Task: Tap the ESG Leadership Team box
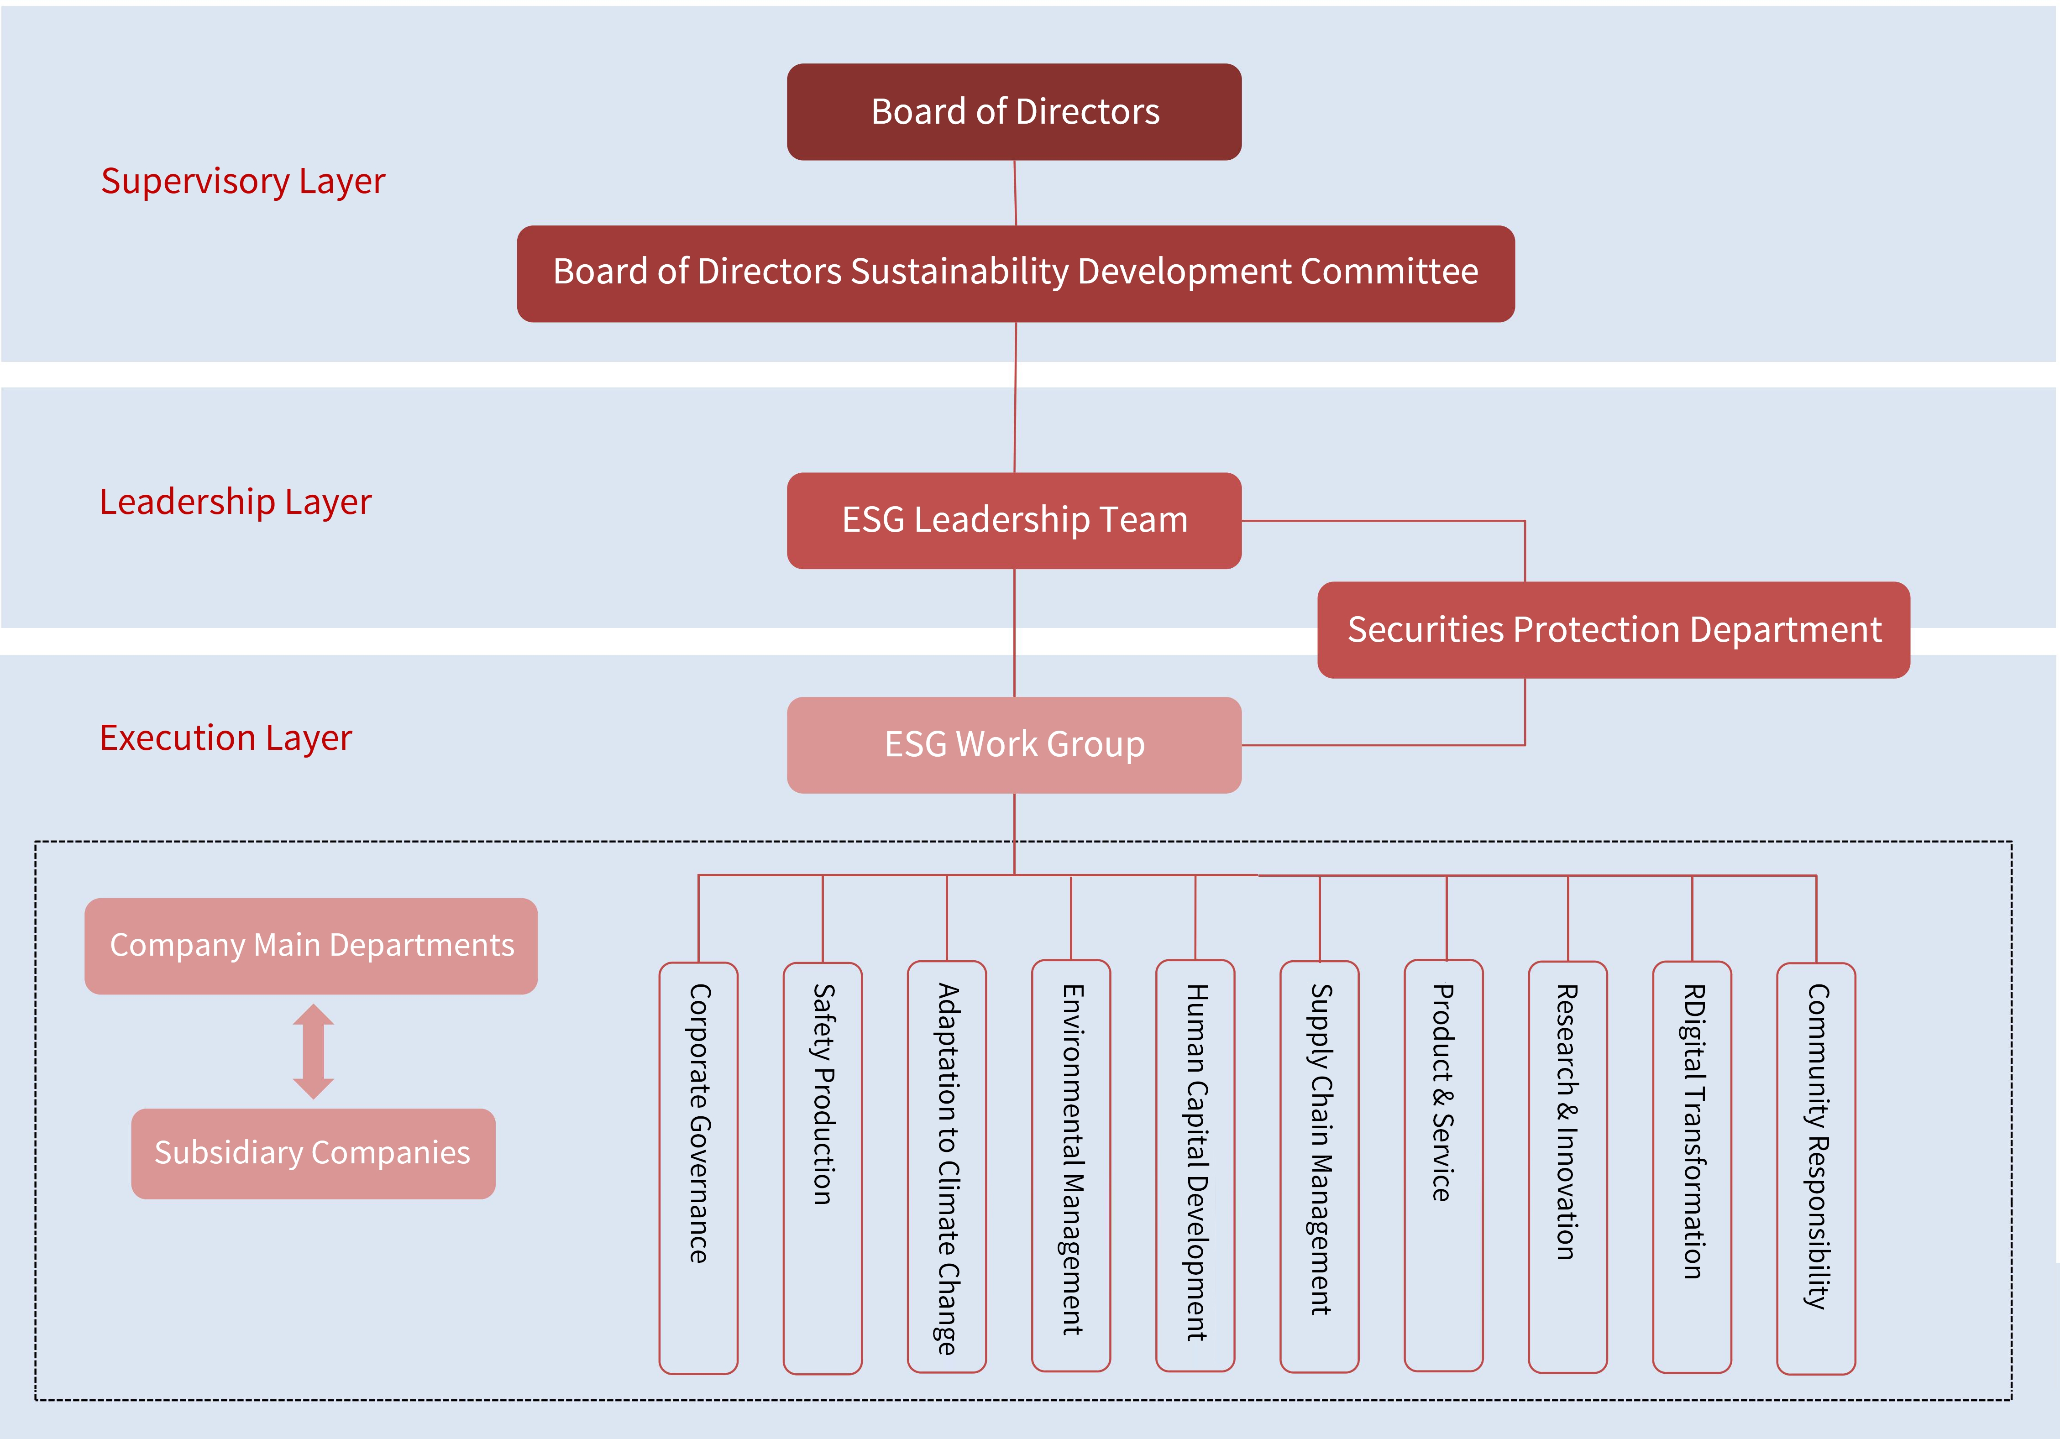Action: (1014, 520)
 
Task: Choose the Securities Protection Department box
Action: (1613, 630)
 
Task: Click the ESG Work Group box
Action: (1014, 745)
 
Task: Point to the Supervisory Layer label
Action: (242, 181)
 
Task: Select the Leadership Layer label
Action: (235, 502)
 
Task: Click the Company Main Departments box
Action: (311, 946)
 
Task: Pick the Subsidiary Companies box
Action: (313, 1153)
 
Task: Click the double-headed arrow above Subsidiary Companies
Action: (313, 1052)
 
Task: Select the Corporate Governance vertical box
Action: (698, 1166)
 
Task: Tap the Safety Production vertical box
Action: (823, 1166)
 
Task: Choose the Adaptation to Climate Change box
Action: (947, 1166)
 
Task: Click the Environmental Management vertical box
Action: (1071, 1166)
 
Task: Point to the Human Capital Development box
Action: (1195, 1166)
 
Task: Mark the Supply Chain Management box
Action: (1319, 1166)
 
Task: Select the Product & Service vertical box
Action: (1443, 1166)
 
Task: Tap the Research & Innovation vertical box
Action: (1567, 1166)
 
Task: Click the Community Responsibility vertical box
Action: (1816, 1166)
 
